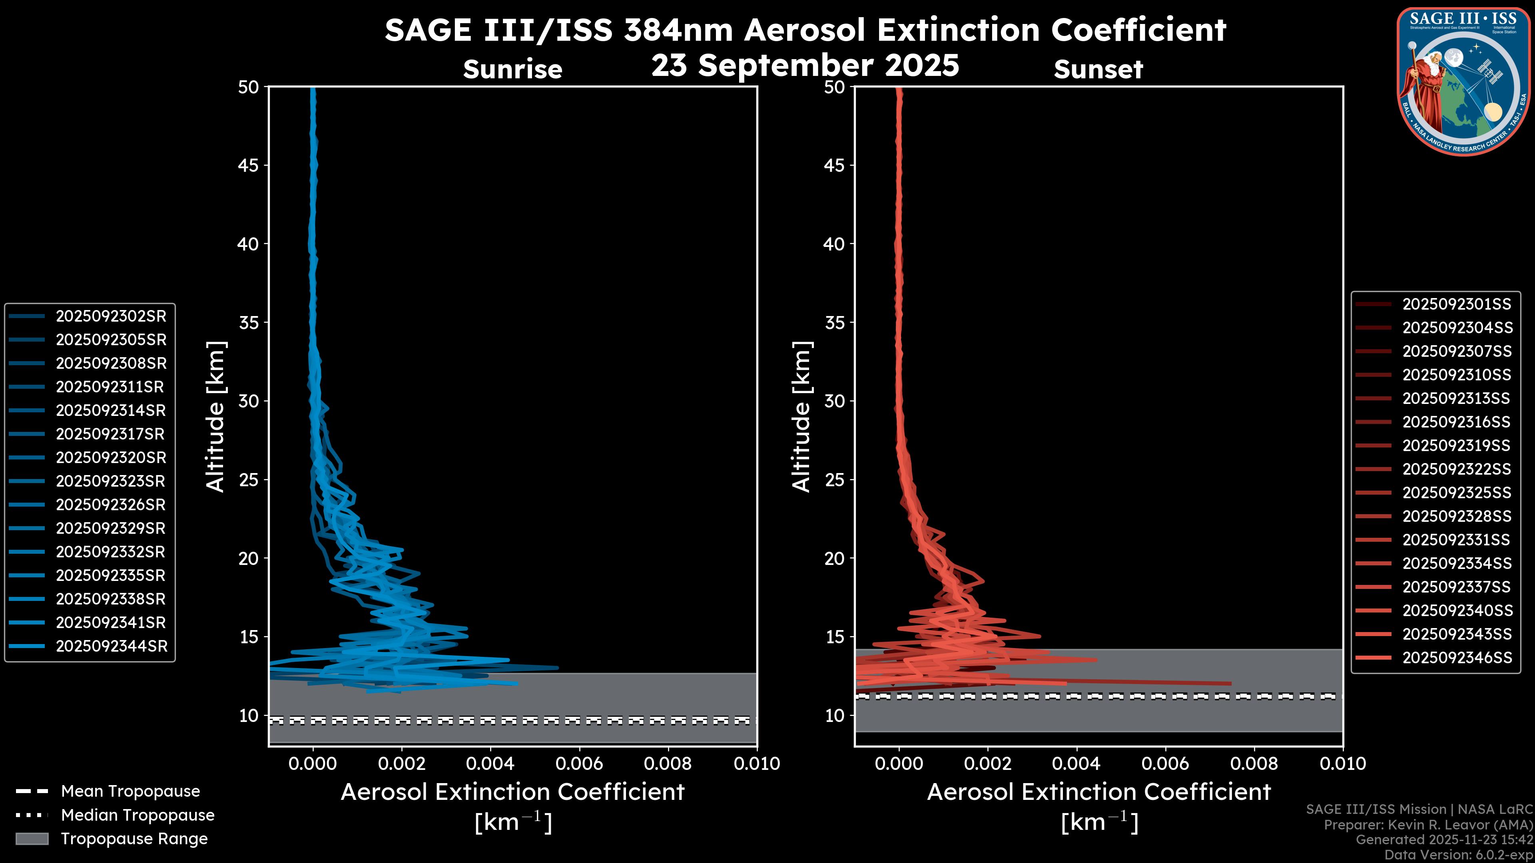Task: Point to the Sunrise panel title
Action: (512, 69)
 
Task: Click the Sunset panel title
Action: (1098, 69)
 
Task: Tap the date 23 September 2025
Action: (805, 65)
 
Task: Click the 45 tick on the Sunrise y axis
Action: (249, 165)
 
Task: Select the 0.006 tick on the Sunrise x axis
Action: (579, 764)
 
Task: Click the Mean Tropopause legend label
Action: (130, 791)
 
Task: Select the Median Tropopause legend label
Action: (138, 815)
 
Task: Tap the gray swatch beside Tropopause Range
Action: (32, 839)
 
